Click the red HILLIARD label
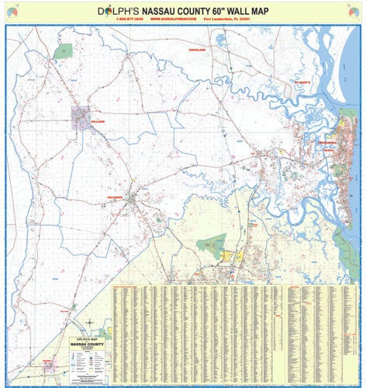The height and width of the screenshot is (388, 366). (x=97, y=123)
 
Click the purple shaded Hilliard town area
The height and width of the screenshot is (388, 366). (x=81, y=117)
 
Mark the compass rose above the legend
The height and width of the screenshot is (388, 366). (x=91, y=323)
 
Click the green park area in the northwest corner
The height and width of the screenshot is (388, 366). (x=64, y=52)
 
